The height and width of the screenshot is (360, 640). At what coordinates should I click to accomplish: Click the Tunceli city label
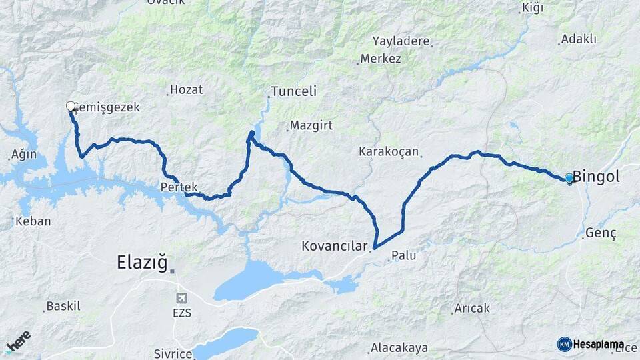tap(293, 91)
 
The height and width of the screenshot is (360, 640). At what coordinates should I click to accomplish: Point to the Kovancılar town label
tap(333, 247)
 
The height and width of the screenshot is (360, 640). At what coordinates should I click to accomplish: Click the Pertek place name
tap(175, 187)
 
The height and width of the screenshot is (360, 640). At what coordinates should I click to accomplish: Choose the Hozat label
tap(186, 89)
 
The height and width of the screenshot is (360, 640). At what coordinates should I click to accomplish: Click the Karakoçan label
tap(388, 151)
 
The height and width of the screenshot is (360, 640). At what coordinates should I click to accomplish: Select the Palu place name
tap(404, 255)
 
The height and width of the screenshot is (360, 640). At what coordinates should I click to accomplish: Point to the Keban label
tap(33, 221)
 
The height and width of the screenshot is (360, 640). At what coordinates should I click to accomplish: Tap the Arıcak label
tap(471, 308)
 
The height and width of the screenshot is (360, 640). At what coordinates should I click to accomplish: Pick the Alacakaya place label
tap(399, 348)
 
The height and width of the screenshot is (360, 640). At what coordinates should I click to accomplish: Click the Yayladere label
tap(401, 41)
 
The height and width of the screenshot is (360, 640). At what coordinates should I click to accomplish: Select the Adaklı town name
tap(578, 39)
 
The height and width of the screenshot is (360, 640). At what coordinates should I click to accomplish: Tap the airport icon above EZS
tap(181, 297)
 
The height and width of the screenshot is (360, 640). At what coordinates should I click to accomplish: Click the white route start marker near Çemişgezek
tap(71, 105)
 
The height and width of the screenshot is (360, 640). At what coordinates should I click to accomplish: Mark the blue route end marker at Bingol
tap(569, 178)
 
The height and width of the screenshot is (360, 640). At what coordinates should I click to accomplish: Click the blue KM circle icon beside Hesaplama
tap(564, 344)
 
